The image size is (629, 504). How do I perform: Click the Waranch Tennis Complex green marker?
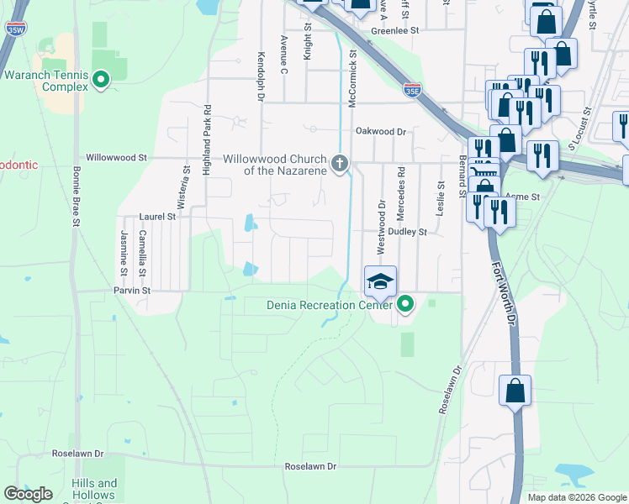[x=101, y=81]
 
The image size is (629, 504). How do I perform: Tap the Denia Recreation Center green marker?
[x=405, y=304]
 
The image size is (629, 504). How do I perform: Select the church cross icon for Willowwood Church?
[x=340, y=162]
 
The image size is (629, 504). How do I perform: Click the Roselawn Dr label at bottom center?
[x=310, y=466]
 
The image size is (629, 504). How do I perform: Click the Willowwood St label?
[x=117, y=157]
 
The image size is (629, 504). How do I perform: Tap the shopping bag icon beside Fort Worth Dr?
[x=515, y=391]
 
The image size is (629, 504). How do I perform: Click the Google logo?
[x=28, y=494]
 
